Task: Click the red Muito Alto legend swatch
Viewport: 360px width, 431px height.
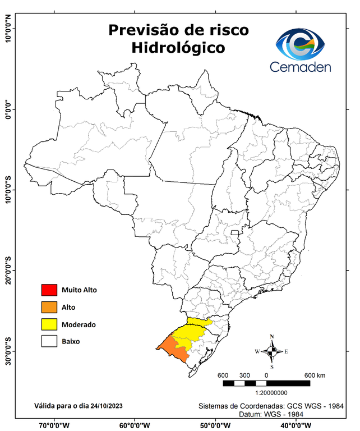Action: click(x=49, y=290)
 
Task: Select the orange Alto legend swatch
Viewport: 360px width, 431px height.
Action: click(x=49, y=307)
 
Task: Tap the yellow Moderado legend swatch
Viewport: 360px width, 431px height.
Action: click(x=49, y=324)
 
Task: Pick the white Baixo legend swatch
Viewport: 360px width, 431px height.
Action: click(x=49, y=341)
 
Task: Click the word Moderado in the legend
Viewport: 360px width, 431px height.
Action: click(x=79, y=324)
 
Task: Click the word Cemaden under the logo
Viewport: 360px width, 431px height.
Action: click(x=301, y=67)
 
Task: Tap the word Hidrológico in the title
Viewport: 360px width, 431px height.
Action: click(x=178, y=48)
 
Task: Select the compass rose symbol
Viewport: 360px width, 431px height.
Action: click(x=271, y=351)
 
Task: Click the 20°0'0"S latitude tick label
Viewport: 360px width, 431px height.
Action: click(x=8, y=271)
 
